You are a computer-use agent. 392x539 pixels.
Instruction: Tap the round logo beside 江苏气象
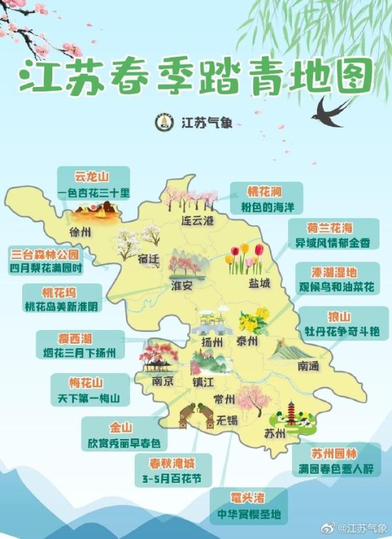pos(163,122)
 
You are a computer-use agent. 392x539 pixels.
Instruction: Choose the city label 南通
pos(308,367)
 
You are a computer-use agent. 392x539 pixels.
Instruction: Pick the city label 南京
pos(162,381)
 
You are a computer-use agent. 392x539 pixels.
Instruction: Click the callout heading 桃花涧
pos(264,191)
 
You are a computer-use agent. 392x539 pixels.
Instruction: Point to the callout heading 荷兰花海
pos(329,228)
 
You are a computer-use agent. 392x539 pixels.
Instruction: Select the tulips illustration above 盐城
pos(244,259)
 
